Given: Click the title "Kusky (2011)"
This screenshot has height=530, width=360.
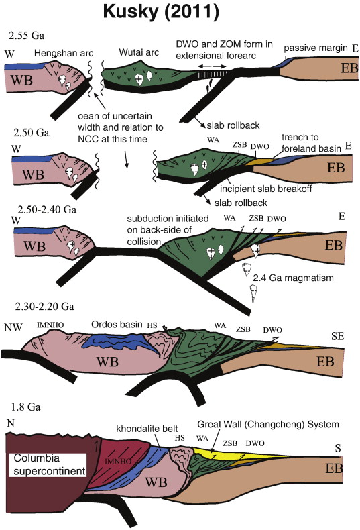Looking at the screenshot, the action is (161, 12).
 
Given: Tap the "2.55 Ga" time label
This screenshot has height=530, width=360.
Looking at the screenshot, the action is (26, 36).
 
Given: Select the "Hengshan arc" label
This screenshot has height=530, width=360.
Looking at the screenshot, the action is (64, 54).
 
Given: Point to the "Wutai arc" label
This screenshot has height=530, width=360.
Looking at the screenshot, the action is (139, 52).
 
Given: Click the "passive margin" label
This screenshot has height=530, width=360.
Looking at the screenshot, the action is (316, 48).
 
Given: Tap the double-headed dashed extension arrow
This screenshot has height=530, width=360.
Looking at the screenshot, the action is (212, 66).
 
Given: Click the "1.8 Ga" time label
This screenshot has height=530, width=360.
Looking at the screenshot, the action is (25, 407).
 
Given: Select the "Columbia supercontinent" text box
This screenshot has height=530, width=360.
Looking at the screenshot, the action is (50, 464).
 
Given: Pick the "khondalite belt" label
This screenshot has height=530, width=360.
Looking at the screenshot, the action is (147, 429).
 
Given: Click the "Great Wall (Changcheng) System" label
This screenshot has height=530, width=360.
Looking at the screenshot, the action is (267, 425).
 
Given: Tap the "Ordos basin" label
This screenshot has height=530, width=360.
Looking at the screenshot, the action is (117, 325).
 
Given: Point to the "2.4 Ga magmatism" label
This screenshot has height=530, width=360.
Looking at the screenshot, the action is (293, 278).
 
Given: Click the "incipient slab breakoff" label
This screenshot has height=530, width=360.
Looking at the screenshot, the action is (265, 189).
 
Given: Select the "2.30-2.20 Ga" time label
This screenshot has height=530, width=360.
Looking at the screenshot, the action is (44, 306).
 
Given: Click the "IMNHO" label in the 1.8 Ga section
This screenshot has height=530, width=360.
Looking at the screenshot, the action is (117, 461).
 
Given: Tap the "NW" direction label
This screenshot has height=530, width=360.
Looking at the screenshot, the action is (13, 327).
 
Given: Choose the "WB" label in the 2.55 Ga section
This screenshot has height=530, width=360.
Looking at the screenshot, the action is (22, 81).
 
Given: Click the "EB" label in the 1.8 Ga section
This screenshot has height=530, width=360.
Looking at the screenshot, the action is (334, 468).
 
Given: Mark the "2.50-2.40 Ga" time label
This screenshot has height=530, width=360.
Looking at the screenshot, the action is (47, 209).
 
